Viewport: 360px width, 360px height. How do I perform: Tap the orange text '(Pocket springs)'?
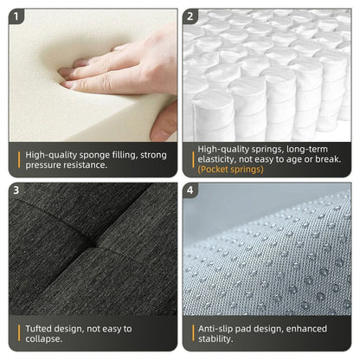point(230,170)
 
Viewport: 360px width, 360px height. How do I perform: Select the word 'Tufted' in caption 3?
point(41,328)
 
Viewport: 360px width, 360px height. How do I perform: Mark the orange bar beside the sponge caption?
point(18,158)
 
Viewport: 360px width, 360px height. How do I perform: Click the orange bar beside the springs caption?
point(191,159)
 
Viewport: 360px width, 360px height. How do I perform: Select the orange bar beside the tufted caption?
point(18,333)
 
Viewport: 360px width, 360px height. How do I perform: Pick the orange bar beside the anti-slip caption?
point(191,333)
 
